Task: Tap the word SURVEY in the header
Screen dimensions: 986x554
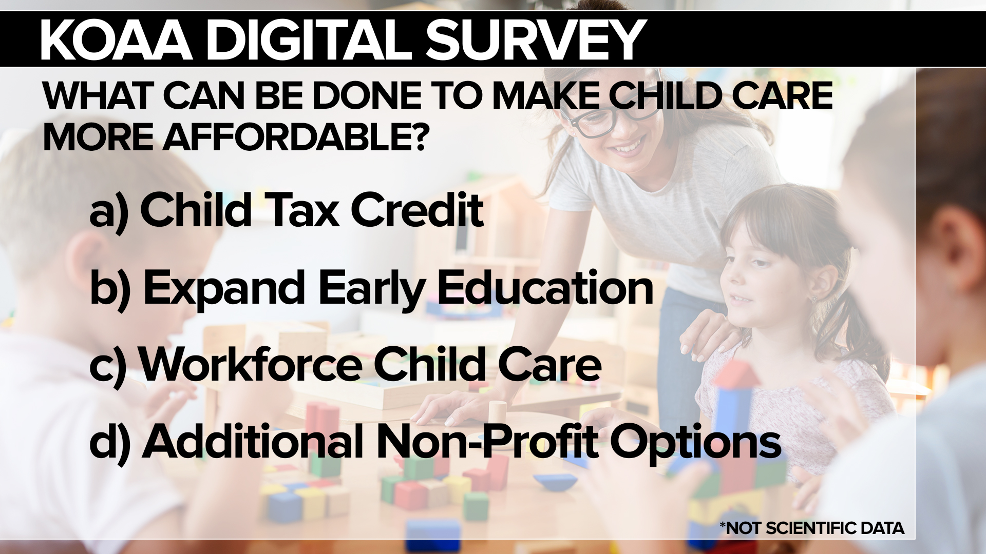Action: pyautogui.click(x=536, y=39)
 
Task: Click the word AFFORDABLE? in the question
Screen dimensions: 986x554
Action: pyautogui.click(x=295, y=137)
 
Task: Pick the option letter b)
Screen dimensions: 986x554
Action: pyautogui.click(x=110, y=289)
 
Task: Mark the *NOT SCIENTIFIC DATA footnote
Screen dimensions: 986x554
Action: pyautogui.click(x=812, y=528)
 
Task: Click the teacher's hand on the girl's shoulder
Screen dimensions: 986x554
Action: pyautogui.click(x=711, y=336)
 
